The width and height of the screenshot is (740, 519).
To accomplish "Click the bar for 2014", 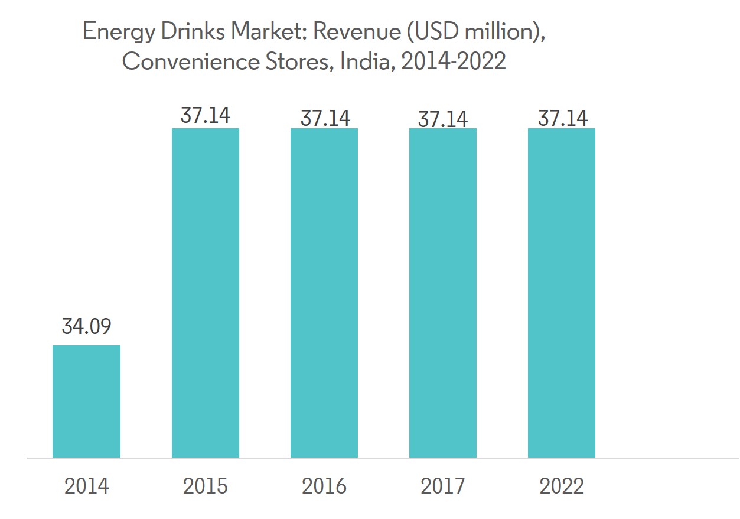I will coord(86,401).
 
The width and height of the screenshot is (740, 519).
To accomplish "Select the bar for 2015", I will coord(206,293).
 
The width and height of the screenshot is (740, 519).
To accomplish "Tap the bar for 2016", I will coord(324,293).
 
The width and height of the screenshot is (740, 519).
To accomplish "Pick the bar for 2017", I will coord(443,293).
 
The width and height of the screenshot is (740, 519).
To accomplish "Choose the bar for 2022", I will coord(562,293).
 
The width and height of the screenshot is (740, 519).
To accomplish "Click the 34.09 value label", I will coord(86,326).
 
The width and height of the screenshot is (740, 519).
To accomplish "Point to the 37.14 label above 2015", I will coord(206,115).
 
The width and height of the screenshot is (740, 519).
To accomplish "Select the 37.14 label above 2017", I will coord(443,119).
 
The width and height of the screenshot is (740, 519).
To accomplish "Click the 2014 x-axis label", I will coord(86,486).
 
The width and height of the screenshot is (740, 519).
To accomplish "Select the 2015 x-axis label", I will coord(206,486).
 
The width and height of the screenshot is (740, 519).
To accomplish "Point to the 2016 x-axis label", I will coord(324,486).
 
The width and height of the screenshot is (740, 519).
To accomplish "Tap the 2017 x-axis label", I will coord(443,486).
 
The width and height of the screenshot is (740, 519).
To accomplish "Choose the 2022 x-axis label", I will coord(562,486).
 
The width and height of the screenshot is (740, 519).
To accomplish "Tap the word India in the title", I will coord(366,61).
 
